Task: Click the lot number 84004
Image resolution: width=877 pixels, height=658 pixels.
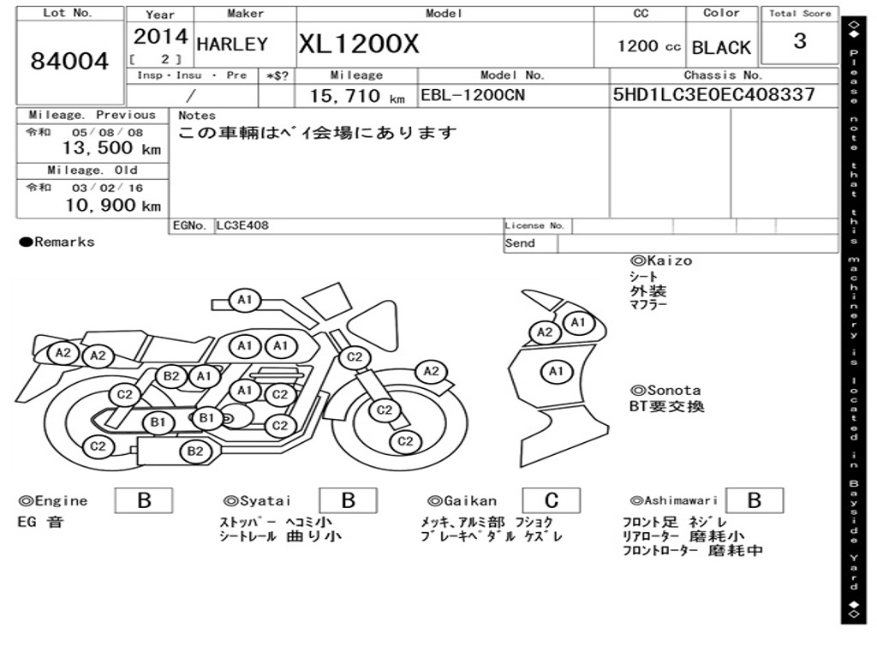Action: click(69, 61)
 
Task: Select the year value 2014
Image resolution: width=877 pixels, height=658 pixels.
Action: click(160, 37)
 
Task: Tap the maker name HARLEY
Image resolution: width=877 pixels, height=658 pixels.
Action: click(232, 45)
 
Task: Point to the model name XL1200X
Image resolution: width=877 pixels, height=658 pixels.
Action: click(359, 44)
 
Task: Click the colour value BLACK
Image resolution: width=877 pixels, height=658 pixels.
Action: click(721, 48)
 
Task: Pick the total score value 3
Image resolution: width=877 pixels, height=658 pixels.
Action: click(800, 41)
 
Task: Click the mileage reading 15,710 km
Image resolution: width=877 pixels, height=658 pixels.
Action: click(357, 96)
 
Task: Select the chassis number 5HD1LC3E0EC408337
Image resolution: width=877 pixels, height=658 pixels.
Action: click(713, 94)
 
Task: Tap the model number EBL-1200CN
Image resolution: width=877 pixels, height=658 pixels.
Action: click(473, 95)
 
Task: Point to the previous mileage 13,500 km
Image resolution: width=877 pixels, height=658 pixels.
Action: click(111, 148)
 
